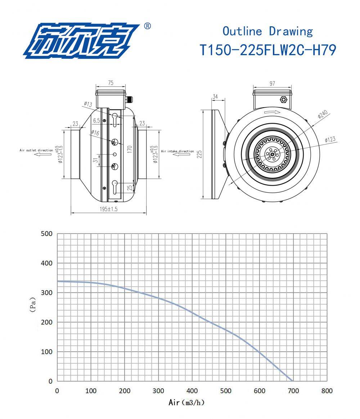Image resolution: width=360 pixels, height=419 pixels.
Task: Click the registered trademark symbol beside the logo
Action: pyautogui.click(x=147, y=26)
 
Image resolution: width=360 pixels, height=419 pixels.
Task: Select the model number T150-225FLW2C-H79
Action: pyautogui.click(x=268, y=50)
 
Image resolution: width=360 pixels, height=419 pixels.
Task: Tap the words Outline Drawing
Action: pyautogui.click(x=267, y=31)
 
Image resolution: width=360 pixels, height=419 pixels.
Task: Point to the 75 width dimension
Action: pyautogui.click(x=110, y=83)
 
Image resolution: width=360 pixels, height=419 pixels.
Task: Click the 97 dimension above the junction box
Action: pyautogui.click(x=272, y=83)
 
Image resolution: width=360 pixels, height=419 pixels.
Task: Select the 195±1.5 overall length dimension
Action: pyautogui.click(x=108, y=209)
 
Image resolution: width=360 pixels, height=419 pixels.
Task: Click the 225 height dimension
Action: pyautogui.click(x=199, y=154)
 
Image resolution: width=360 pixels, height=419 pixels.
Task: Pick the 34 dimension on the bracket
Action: pyautogui.click(x=215, y=96)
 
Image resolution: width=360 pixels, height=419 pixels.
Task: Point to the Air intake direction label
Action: pyautogui.click(x=177, y=151)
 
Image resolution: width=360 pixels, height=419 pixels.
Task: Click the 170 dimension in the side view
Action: pyautogui.click(x=130, y=147)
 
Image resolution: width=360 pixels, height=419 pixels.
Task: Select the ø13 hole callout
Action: pyautogui.click(x=88, y=104)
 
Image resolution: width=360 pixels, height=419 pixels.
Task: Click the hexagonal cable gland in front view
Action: pyautogui.click(x=284, y=99)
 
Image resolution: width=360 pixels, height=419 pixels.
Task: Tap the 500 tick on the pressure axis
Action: pyautogui.click(x=47, y=234)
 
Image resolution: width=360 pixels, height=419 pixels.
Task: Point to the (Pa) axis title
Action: pyautogui.click(x=33, y=304)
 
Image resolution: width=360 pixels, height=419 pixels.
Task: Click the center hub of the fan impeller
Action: pyautogui.click(x=272, y=155)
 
